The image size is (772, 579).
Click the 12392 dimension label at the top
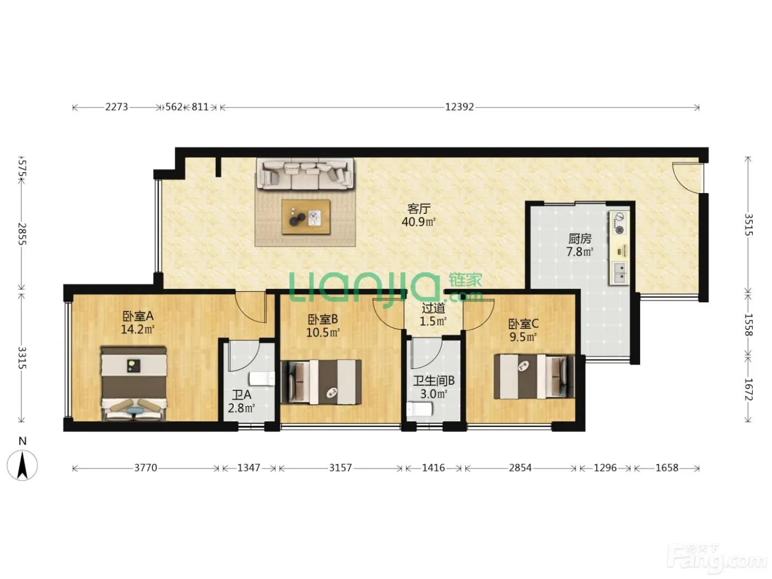coord(459,106)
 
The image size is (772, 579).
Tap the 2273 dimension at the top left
coord(116,106)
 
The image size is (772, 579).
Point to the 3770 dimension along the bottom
coord(146,468)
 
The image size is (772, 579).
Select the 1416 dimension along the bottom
coord(433,468)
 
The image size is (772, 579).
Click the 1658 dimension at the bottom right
coord(667,468)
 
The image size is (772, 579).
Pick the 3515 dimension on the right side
coord(748,224)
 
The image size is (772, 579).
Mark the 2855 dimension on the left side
coord(22,234)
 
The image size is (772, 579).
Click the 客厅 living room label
coord(419,208)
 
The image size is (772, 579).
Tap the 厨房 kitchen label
coord(580,239)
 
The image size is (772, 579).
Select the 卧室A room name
coord(138,316)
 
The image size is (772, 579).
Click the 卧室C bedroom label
coord(523,324)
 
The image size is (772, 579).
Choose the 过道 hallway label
coord(433,308)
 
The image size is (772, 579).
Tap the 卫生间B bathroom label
coord(433,380)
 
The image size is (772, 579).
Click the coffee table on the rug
coord(305,217)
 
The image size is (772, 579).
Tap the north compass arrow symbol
coord(22,465)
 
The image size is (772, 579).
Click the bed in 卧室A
coord(133,383)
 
